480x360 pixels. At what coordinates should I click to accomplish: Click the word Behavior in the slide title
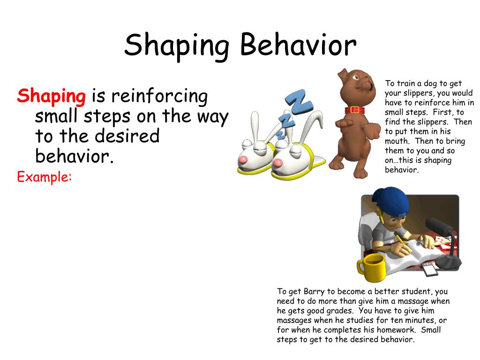(x=298, y=45)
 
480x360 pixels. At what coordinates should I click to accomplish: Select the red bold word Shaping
(x=52, y=96)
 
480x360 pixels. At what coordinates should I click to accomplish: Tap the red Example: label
(x=45, y=177)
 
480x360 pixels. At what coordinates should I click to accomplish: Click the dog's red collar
(x=355, y=110)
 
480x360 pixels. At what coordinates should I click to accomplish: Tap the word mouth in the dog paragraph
(x=397, y=141)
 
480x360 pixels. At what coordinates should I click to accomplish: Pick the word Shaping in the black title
(x=176, y=45)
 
